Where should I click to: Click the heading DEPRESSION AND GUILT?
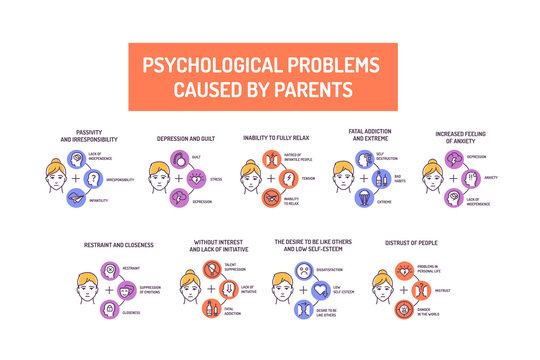[x=186, y=138]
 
